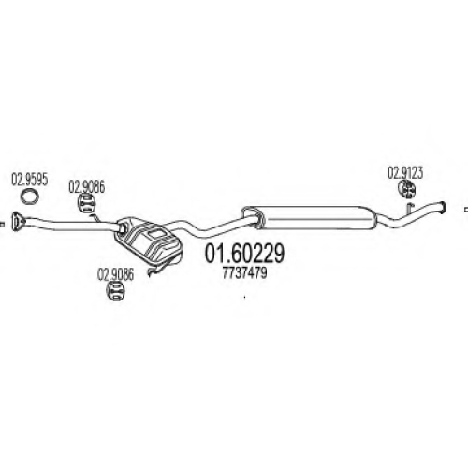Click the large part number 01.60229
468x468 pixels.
pyautogui.click(x=244, y=253)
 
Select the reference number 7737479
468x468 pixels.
pyautogui.click(x=244, y=273)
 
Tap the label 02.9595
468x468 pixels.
pyautogui.click(x=30, y=180)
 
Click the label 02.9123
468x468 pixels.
pyautogui.click(x=405, y=173)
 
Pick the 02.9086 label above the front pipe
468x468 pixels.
pyautogui.click(x=87, y=187)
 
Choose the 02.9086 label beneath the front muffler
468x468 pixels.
pyautogui.click(x=115, y=274)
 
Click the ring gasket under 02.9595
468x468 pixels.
pyautogui.click(x=29, y=197)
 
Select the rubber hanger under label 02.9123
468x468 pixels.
pyautogui.click(x=407, y=189)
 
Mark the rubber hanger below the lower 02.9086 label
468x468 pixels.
pyautogui.click(x=115, y=291)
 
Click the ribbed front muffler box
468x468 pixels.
pyautogui.click(x=149, y=240)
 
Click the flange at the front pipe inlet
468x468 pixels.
pyautogui.click(x=18, y=221)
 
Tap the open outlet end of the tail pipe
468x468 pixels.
pyautogui.click(x=442, y=208)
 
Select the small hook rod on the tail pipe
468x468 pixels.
pyautogui.click(x=409, y=209)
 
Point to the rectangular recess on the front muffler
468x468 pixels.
pyautogui.click(x=157, y=234)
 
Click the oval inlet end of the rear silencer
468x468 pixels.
pyautogui.click(x=253, y=217)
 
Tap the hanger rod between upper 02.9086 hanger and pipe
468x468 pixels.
pyautogui.click(x=95, y=217)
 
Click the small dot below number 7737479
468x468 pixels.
pyautogui.click(x=244, y=297)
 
